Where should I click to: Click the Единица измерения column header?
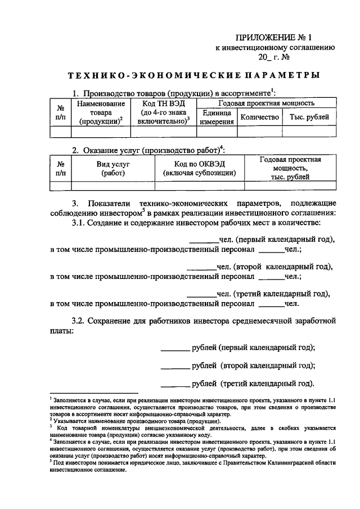point(216,117)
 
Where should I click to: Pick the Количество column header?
point(259,117)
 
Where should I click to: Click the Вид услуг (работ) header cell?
point(112,168)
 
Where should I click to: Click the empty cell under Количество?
point(259,132)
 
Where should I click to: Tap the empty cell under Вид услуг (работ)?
point(112,186)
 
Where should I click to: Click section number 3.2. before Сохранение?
point(81,322)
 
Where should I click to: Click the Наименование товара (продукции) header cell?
point(101,112)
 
